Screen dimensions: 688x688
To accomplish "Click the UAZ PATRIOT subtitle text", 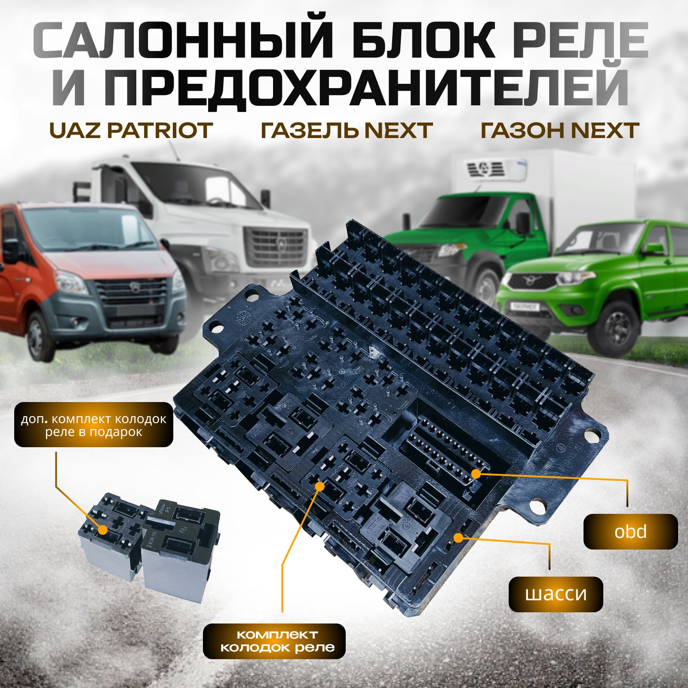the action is pos(131,130).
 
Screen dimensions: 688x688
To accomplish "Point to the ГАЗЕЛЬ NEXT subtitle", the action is pos(347,130).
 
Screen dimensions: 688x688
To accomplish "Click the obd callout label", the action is pos(630,531).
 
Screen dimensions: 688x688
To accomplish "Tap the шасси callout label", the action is pos(556,594).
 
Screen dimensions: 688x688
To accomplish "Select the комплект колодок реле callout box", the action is pos(274,641).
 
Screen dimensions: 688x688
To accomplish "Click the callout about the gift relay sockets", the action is pos(94,424).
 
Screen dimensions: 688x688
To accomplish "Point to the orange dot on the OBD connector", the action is pos(476,473).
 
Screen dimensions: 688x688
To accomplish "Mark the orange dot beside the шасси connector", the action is pos(459,537).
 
